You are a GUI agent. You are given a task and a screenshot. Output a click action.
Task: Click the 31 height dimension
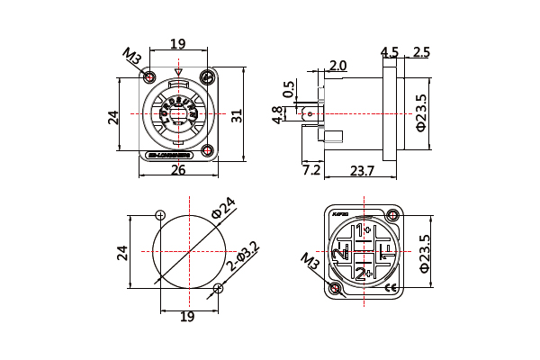click(x=236, y=116)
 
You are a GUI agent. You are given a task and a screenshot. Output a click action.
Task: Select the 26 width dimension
click(x=178, y=169)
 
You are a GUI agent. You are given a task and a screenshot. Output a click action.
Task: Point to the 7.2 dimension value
click(x=311, y=169)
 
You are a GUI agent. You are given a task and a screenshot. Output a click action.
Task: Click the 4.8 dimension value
click(x=277, y=114)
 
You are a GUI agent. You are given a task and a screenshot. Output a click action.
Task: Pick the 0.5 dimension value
click(x=288, y=89)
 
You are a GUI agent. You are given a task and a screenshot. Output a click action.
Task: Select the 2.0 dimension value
click(x=337, y=66)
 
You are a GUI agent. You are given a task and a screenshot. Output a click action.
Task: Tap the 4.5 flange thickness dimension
click(x=390, y=52)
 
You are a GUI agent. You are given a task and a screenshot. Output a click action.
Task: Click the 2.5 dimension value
click(x=421, y=52)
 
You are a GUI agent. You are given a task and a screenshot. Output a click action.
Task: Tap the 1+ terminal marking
click(x=364, y=231)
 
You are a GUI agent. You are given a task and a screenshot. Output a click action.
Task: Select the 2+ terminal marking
click(x=364, y=273)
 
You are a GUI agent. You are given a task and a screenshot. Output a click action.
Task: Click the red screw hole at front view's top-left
click(x=149, y=77)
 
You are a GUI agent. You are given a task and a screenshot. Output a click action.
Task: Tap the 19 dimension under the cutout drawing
click(x=187, y=317)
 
